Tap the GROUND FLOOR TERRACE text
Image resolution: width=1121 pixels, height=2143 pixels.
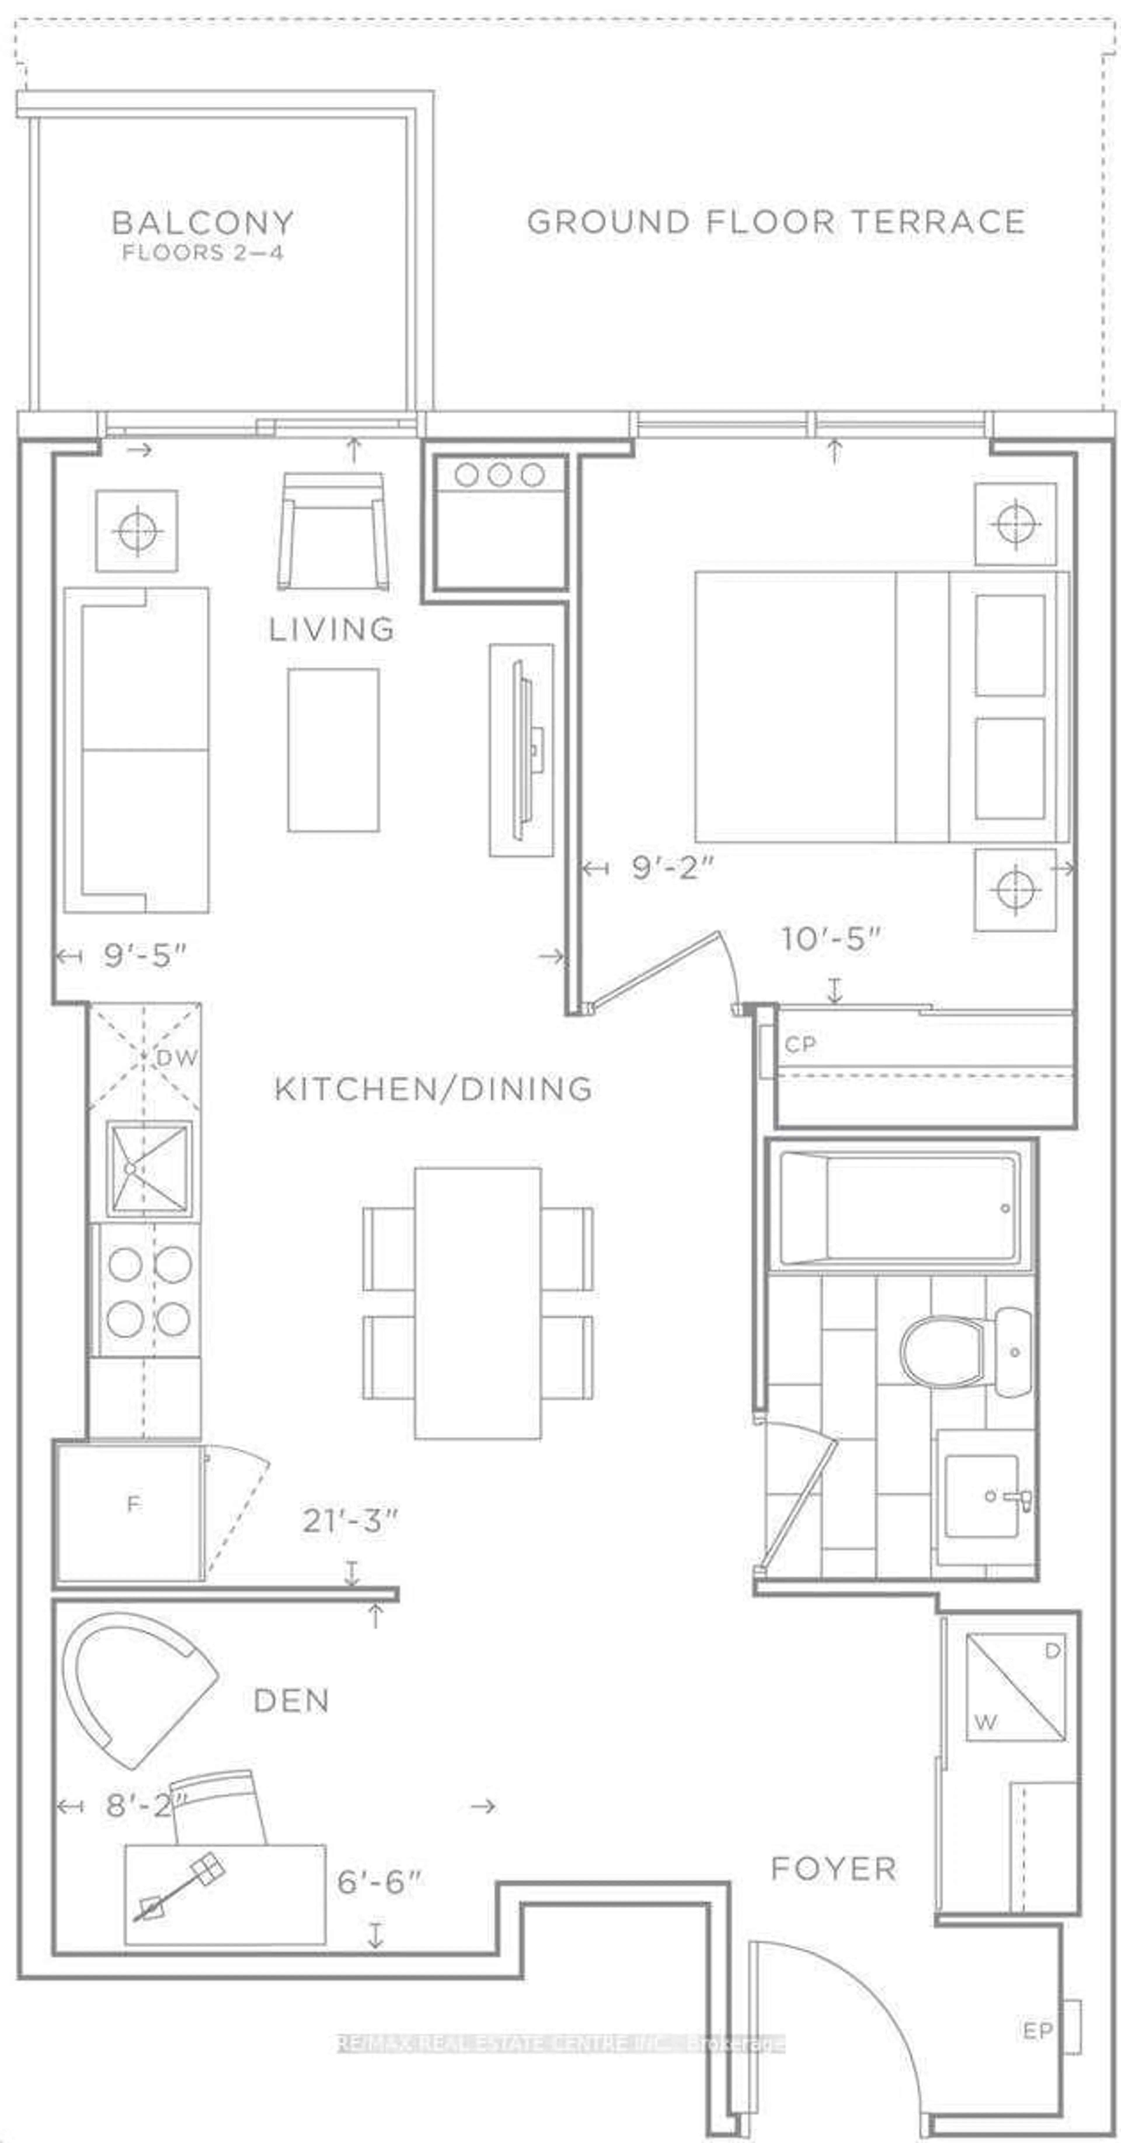click(775, 222)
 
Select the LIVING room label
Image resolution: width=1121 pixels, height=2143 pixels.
click(331, 629)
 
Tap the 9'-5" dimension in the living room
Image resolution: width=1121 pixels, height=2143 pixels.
click(145, 956)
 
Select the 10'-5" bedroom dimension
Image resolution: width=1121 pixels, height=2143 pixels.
click(830, 939)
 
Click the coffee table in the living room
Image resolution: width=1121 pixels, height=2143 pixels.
click(333, 750)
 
